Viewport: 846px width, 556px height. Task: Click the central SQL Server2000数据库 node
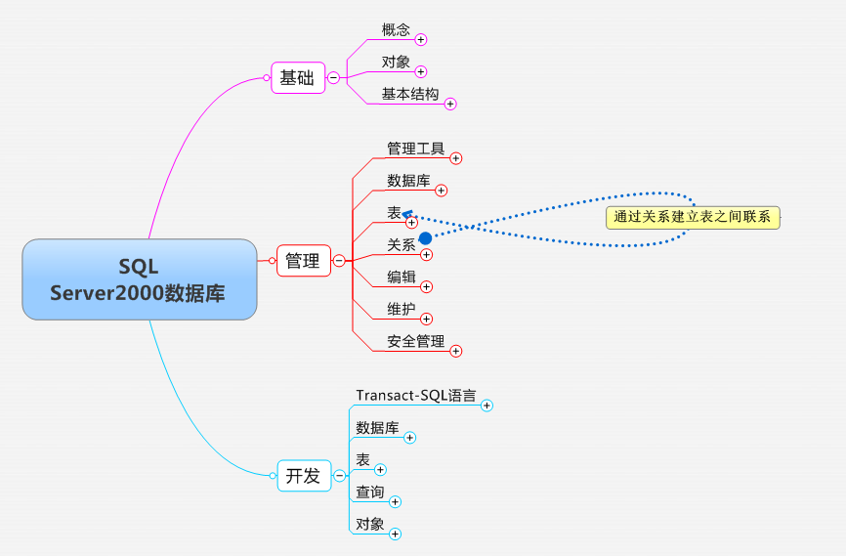click(x=139, y=278)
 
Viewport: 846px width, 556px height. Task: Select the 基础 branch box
click(x=297, y=78)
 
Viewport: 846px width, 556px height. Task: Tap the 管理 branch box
click(x=303, y=261)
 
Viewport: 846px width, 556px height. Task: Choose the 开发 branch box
click(x=303, y=476)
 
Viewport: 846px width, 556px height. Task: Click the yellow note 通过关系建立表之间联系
click(x=693, y=217)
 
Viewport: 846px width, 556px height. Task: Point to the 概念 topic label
click(x=396, y=30)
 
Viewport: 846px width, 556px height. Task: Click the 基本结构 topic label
click(x=410, y=94)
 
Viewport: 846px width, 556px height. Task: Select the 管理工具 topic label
click(x=416, y=149)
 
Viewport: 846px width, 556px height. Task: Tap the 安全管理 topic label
click(x=416, y=341)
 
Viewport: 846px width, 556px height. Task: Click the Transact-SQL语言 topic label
click(x=416, y=396)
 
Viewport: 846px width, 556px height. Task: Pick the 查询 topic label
click(x=370, y=492)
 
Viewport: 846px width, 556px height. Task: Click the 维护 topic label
click(x=402, y=309)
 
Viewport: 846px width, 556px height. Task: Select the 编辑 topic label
click(x=402, y=277)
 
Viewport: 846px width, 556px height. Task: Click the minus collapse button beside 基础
click(x=333, y=78)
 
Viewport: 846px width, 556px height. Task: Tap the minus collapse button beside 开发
click(x=339, y=476)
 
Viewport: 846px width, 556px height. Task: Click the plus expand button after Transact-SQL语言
click(x=487, y=406)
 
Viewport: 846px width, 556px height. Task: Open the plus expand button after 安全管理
click(x=455, y=351)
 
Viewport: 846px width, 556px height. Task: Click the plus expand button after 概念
click(x=421, y=40)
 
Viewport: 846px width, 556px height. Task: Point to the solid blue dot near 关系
click(x=425, y=237)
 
